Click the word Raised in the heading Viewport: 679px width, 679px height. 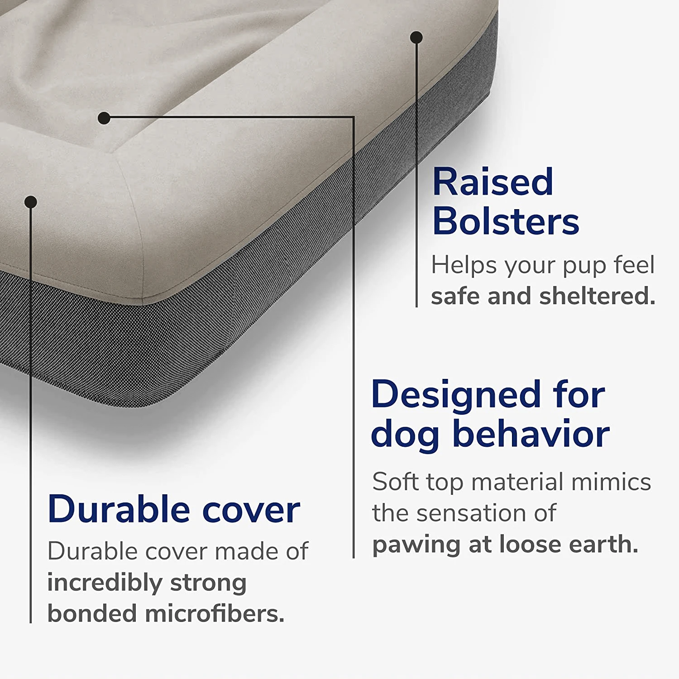pos(493,182)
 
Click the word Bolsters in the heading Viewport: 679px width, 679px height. pos(506,221)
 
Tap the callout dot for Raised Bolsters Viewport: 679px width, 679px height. pos(416,37)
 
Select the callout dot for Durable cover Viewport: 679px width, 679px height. pos(31,202)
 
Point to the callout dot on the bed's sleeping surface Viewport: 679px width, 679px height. pos(104,118)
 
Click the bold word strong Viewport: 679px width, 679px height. pos(208,583)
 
